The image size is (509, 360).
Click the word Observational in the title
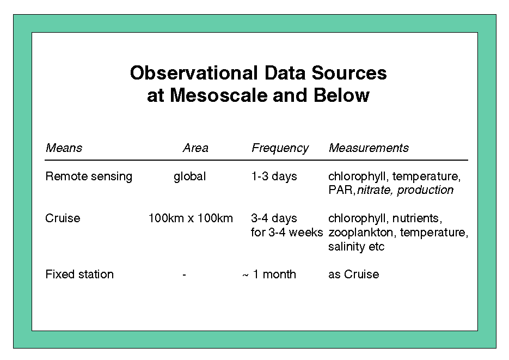(194, 73)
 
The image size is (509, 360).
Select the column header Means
(64, 148)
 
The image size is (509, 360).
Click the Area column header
(195, 148)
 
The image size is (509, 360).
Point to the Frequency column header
(280, 148)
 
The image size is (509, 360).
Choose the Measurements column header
(369, 148)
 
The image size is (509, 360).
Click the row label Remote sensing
(89, 176)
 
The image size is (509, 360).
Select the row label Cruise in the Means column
(63, 218)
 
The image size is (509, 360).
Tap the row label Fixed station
(79, 274)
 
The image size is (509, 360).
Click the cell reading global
(190, 177)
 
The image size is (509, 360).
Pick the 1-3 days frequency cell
(274, 176)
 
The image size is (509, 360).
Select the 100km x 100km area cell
(191, 218)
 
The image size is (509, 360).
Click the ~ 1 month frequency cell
(269, 274)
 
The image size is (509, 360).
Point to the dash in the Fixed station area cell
(184, 275)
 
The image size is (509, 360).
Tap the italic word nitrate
(373, 190)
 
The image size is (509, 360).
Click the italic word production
(425, 190)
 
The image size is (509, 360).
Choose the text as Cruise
(354, 274)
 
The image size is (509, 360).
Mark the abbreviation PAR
(341, 190)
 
